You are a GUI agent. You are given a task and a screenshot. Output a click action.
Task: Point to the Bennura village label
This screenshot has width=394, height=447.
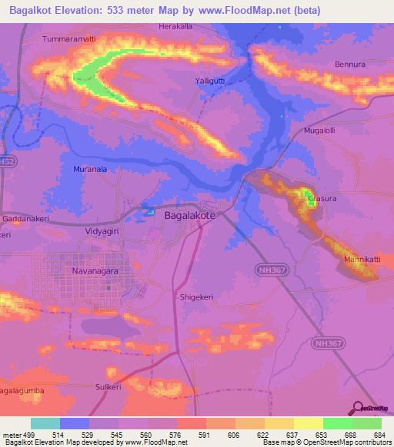[350, 66]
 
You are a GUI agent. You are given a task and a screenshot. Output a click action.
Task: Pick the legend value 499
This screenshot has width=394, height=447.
[25, 435]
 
